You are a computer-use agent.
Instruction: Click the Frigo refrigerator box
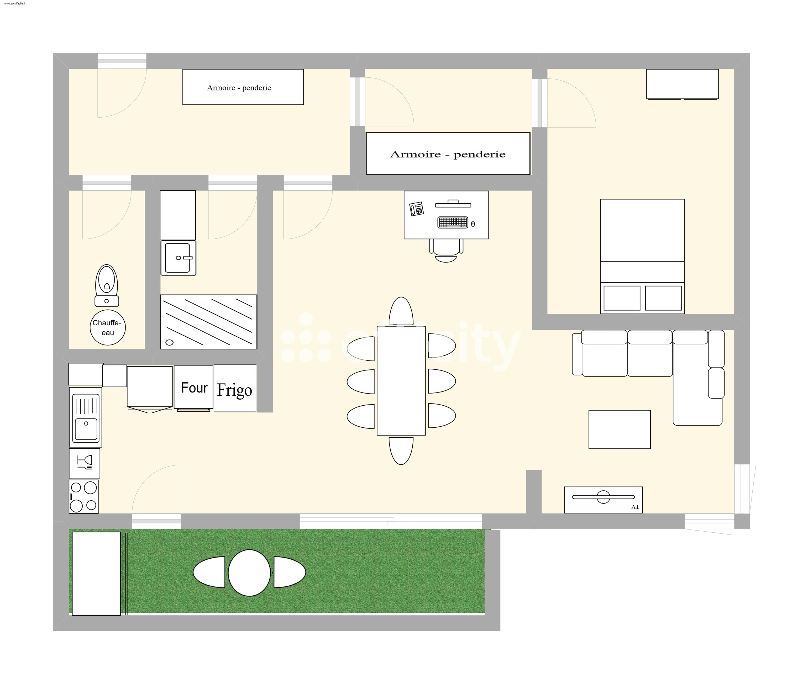coord(235,389)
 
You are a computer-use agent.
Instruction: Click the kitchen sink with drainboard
coord(86,417)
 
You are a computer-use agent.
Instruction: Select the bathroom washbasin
coord(178,258)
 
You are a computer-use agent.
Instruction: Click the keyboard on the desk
coord(453,222)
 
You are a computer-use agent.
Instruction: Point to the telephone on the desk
coord(417,209)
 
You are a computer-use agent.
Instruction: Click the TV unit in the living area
coord(603,500)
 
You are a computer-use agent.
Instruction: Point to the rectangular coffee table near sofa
coord(619,429)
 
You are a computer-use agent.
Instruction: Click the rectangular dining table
coord(401,380)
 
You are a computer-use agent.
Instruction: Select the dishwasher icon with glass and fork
coord(85,463)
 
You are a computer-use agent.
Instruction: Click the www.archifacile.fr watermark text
coord(15,3)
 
